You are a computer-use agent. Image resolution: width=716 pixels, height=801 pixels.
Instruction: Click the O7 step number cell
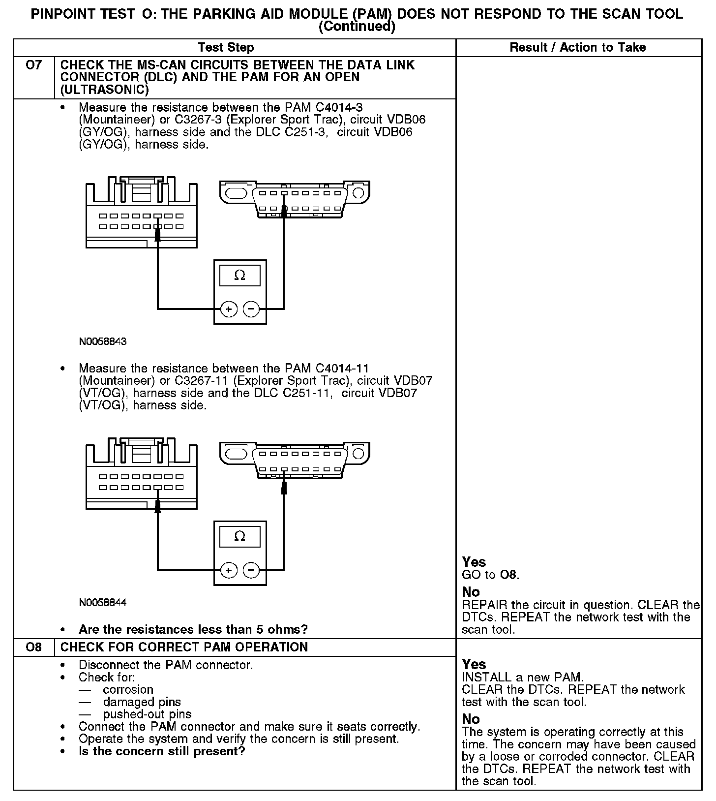pos(33,65)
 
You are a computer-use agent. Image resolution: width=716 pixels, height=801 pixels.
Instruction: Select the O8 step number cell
pos(33,647)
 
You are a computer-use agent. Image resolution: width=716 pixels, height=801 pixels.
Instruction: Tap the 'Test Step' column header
pos(226,48)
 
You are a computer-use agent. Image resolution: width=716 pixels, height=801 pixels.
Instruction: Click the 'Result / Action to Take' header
pos(578,48)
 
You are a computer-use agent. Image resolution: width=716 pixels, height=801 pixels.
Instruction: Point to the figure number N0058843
pos(103,341)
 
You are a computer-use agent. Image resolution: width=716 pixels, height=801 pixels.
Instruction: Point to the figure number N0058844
pos(103,602)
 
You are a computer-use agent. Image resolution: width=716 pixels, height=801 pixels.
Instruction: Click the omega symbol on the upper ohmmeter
pos(240,276)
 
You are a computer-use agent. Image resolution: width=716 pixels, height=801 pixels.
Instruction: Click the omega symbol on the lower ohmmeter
pos(240,536)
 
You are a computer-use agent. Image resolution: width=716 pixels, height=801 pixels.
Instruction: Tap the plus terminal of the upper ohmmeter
pos(229,309)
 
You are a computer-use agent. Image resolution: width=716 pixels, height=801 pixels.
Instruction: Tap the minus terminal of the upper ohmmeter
pos(251,309)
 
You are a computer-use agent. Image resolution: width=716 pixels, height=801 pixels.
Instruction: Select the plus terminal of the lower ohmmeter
pos(229,570)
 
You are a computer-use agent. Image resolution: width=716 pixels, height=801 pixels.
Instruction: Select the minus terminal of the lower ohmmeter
pos(251,570)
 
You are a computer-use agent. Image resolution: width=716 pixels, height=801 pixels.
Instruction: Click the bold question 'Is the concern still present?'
pos(162,751)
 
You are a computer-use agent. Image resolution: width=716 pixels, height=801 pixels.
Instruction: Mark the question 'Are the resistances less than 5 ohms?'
pos(193,629)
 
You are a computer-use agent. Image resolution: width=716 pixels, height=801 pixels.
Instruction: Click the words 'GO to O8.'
pos(491,575)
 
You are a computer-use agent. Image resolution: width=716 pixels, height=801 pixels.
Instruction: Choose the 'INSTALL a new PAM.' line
pos(523,678)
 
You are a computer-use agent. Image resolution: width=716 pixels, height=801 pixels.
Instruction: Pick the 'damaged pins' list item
pos(142,702)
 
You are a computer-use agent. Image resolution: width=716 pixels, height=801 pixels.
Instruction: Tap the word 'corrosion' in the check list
pos(128,690)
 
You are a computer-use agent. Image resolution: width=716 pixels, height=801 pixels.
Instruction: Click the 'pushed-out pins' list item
pos(147,714)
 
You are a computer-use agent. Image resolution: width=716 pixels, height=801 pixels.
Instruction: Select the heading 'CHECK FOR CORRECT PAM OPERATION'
pos(184,647)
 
